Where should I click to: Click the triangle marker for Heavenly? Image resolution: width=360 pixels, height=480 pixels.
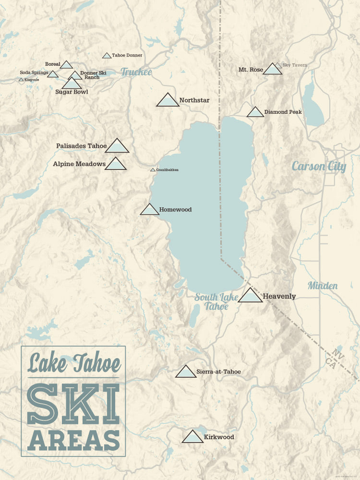coord(251,296)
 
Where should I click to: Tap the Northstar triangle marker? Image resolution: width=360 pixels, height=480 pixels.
coord(168,100)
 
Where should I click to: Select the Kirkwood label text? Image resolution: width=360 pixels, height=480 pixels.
coord(219,437)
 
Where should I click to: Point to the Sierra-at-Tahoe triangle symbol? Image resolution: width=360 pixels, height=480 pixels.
coord(186,372)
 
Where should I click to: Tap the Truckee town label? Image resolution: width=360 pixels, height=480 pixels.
coord(136,72)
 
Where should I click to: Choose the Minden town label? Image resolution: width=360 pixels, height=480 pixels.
coord(323,286)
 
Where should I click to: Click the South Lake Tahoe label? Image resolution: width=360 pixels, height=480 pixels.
coord(216,301)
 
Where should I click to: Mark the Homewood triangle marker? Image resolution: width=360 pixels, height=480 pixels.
coord(149,210)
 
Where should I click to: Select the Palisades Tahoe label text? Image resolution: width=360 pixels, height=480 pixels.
coord(81,146)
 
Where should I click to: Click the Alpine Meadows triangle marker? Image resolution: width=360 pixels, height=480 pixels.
coord(115,164)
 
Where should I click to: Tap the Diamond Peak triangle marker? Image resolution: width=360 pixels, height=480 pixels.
coord(255,112)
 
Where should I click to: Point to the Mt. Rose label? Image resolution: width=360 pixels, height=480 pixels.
coord(251,70)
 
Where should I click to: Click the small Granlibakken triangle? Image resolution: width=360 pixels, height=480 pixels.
coord(153,170)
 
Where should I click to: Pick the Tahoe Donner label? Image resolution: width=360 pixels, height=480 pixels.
coord(127,55)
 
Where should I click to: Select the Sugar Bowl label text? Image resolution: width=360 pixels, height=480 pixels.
coord(72,92)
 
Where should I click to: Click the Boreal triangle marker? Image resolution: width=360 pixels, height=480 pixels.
coord(66,65)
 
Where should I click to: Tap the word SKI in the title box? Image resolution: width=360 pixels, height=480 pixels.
coord(73,405)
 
